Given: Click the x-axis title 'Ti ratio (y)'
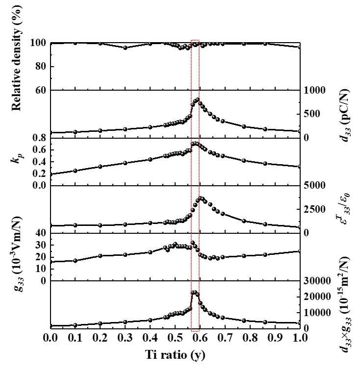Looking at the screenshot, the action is [x=175, y=355].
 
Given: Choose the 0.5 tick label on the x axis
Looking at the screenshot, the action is [x=175, y=338].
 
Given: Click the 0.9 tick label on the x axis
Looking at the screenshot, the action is [x=275, y=338].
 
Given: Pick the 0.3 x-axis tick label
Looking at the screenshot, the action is [x=125, y=338].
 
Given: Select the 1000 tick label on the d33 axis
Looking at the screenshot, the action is [x=314, y=90].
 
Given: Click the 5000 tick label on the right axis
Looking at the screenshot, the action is [x=314, y=185].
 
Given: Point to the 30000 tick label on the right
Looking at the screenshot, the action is [x=316, y=281].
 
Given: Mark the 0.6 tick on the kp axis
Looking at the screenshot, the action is [x=39, y=150].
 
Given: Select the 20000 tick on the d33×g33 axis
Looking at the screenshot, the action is [x=316, y=297].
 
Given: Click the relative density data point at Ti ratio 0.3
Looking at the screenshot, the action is [x=125, y=48].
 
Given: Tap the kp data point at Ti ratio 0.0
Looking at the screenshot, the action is [x=51, y=174].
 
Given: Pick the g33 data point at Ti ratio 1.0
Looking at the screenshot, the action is [x=300, y=251].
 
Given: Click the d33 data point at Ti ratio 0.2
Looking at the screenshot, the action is [x=100, y=130].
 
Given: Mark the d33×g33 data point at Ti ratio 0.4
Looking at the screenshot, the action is [x=150, y=320].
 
